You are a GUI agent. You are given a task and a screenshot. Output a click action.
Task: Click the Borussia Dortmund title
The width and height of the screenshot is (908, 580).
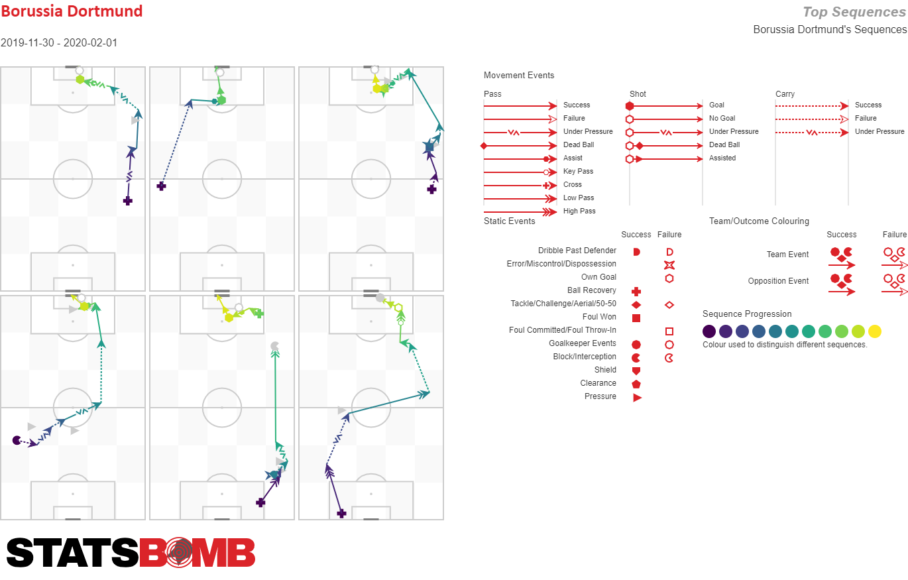[72, 11]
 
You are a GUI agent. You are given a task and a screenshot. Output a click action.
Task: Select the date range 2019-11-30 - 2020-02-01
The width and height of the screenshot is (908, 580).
[59, 42]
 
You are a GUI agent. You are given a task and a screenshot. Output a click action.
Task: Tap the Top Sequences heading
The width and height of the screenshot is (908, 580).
[854, 12]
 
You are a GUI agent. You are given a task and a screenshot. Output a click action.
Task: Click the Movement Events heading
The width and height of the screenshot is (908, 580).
[519, 75]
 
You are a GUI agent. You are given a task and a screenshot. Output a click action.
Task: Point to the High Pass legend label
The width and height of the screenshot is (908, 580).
[579, 211]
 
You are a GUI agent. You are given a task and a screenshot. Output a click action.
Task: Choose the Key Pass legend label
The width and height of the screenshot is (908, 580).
[578, 171]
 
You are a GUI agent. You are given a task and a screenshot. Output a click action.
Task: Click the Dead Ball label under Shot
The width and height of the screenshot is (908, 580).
[724, 145]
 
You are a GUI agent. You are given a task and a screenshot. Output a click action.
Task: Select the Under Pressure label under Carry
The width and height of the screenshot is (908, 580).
[880, 131]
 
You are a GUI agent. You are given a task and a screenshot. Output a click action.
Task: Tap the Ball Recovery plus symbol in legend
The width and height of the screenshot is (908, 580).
[636, 292]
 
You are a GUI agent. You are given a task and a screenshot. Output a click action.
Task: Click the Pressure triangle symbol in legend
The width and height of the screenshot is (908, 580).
[637, 398]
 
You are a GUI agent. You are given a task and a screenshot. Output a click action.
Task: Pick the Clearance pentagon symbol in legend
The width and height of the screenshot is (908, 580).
[636, 384]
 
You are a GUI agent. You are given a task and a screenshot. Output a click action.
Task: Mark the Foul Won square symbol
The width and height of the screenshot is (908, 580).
[636, 318]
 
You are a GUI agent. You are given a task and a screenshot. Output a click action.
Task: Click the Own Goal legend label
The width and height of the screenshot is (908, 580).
[598, 277]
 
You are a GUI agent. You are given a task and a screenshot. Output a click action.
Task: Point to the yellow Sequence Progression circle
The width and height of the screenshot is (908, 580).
[875, 331]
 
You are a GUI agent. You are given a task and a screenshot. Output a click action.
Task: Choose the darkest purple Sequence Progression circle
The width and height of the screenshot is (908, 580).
[709, 331]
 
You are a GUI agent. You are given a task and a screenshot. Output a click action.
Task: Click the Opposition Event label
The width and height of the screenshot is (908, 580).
[778, 281]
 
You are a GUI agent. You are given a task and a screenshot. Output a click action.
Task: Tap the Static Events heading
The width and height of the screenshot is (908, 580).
[510, 221]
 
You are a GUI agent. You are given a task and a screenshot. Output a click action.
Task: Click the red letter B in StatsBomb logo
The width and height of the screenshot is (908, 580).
[152, 552]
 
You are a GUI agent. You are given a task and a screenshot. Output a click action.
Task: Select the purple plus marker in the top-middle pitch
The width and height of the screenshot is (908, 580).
[161, 186]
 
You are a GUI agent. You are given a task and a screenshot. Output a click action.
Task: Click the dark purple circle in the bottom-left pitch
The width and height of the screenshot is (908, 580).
[17, 440]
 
